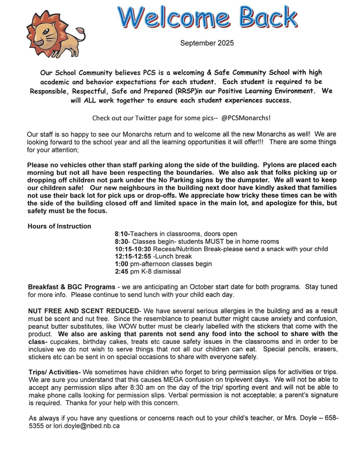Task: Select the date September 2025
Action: coord(207,43)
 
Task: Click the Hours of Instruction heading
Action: coord(59,226)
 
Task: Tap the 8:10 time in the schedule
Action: coord(122,234)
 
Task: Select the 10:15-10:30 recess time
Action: coord(133,249)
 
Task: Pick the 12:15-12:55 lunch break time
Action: coord(133,257)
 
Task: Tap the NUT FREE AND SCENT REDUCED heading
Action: coord(84,310)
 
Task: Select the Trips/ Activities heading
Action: coord(55,372)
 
